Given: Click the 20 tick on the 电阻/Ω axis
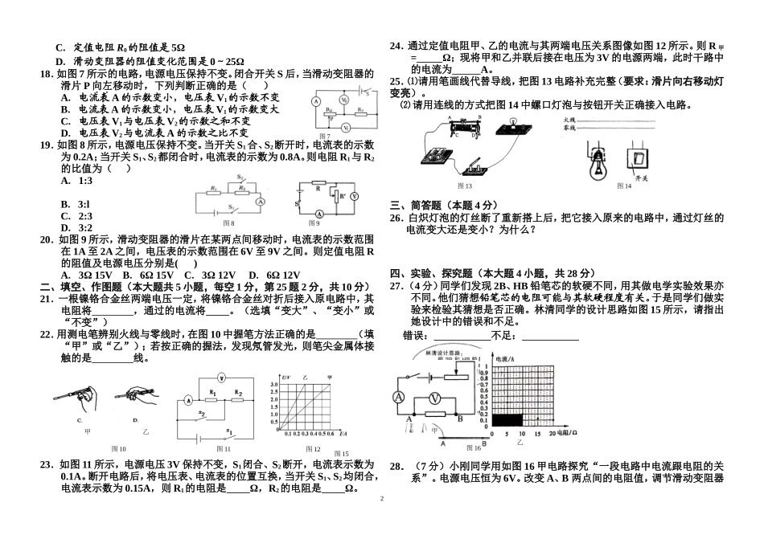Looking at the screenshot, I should coord(552,434).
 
